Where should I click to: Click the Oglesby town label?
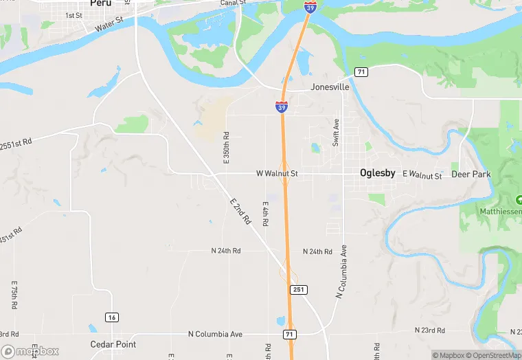click(x=377, y=173)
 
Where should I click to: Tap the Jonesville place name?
click(x=330, y=88)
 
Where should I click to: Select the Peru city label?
click(x=100, y=3)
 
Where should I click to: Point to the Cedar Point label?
click(x=113, y=344)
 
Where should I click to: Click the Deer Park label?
click(x=471, y=175)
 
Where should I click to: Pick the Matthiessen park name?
click(x=499, y=212)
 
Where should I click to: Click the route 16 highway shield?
click(x=111, y=317)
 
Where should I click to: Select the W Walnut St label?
click(x=277, y=174)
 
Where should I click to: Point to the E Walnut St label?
click(x=422, y=175)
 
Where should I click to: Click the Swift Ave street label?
click(x=336, y=133)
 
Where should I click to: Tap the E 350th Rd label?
click(x=226, y=147)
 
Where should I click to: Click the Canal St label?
click(x=234, y=3)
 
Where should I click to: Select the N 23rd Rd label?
click(x=433, y=330)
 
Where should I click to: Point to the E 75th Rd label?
click(x=14, y=294)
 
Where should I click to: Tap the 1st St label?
click(x=73, y=15)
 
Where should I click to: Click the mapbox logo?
click(x=30, y=351)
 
